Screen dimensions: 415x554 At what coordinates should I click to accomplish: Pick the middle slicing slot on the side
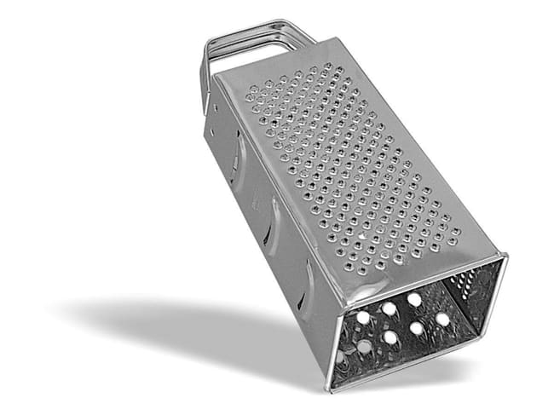click(273, 226)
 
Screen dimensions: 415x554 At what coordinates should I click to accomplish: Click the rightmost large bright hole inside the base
click(442, 320)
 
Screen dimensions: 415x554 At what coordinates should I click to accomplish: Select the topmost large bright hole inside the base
click(414, 299)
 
